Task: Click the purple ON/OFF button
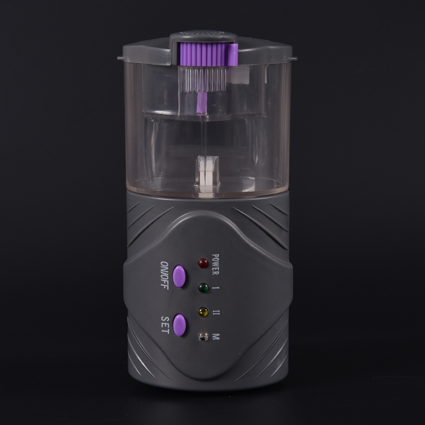[179, 276]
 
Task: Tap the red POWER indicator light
[203, 263]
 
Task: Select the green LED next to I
[203, 288]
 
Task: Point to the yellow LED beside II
[203, 312]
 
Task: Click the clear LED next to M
[203, 336]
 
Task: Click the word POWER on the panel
[215, 264]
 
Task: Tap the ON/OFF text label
[165, 275]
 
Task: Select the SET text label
[165, 325]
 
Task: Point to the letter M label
[216, 337]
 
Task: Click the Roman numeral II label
[216, 313]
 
